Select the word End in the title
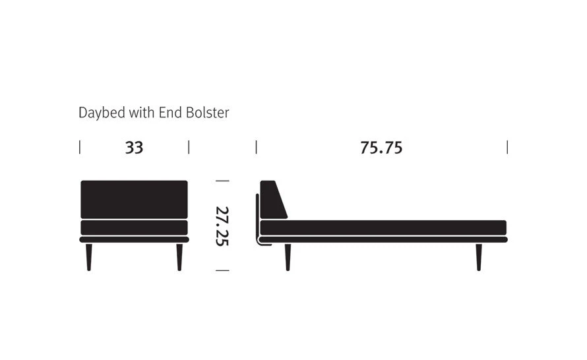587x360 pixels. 168,113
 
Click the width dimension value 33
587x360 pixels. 134,148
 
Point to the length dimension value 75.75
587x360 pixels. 381,148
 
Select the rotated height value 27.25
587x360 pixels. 222,225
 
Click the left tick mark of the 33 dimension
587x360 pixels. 80,147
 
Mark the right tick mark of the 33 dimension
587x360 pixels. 189,147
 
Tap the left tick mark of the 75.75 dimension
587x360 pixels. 256,147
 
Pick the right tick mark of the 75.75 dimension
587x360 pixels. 507,147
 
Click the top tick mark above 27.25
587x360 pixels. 222,180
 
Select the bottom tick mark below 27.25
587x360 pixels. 222,270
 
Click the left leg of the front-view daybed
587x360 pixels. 89,256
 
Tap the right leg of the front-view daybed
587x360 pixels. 179,256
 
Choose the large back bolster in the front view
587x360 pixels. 134,199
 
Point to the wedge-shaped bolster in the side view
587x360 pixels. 271,201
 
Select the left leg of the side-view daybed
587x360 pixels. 288,256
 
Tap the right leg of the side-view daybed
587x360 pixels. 479,256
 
